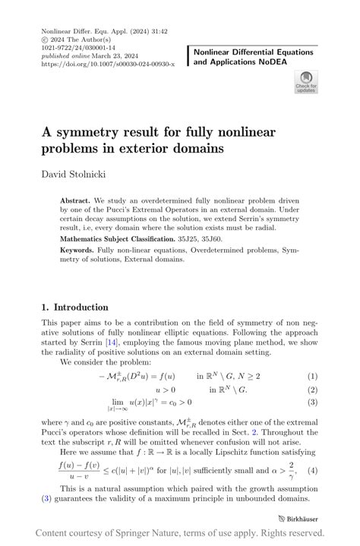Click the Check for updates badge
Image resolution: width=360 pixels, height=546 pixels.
click(x=305, y=81)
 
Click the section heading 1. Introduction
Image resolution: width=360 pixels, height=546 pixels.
click(x=74, y=308)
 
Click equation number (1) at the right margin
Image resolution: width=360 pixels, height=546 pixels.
click(x=312, y=376)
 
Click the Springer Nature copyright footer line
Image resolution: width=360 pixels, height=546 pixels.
click(x=180, y=534)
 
